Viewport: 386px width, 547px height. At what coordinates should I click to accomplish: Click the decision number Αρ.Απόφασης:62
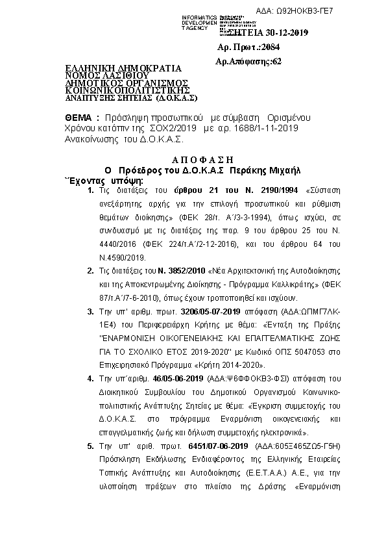tap(248, 62)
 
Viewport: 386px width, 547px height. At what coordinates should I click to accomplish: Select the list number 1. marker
tap(91, 190)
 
